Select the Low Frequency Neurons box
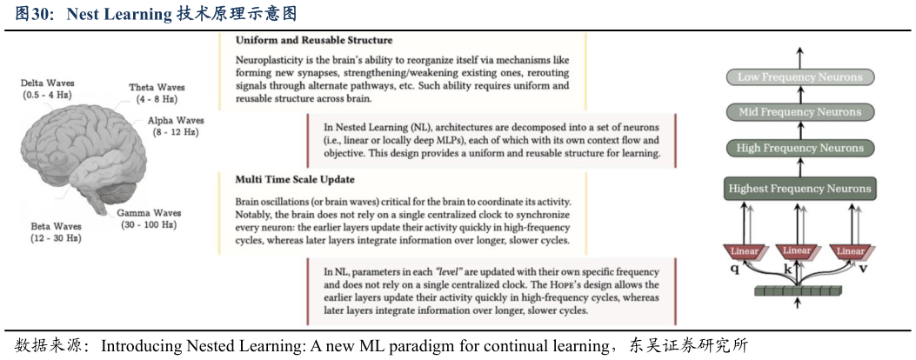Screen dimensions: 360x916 click(x=799, y=77)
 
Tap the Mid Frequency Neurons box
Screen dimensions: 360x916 click(x=799, y=112)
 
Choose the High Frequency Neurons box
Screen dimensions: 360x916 click(x=799, y=149)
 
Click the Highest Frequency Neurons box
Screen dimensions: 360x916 click(x=799, y=188)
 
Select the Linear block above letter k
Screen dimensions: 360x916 click(x=797, y=251)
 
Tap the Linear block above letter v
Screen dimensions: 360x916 click(x=850, y=251)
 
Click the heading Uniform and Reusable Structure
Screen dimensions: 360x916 click(x=314, y=40)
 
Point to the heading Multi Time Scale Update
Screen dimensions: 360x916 click(x=295, y=180)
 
